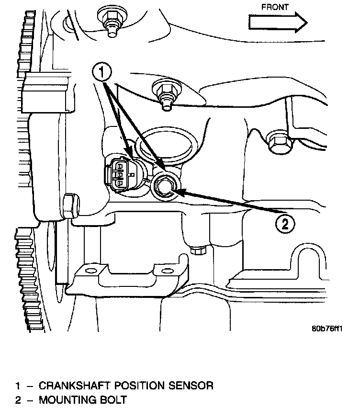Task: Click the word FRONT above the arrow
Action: (x=275, y=7)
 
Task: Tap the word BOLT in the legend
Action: (x=114, y=399)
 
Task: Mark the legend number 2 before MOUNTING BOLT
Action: (x=18, y=399)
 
